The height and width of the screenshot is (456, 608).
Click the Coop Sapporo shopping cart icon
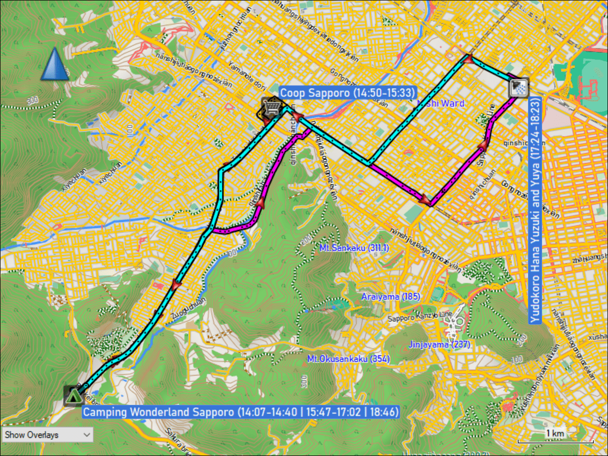coord(271,107)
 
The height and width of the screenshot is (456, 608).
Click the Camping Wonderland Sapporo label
coord(241,411)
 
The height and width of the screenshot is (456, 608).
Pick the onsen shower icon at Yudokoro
coord(519,88)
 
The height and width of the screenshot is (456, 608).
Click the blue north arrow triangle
coord(55,64)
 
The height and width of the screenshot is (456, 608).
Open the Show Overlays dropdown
coord(48,435)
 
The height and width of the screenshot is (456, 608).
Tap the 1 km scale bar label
coord(555,434)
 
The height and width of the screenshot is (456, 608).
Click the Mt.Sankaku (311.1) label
coord(354,248)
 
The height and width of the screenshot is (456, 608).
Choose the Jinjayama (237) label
coord(440,345)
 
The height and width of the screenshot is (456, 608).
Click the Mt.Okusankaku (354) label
coord(349,359)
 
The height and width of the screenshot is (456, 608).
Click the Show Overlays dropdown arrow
coord(87,435)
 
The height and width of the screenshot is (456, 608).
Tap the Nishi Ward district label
coord(440,103)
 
